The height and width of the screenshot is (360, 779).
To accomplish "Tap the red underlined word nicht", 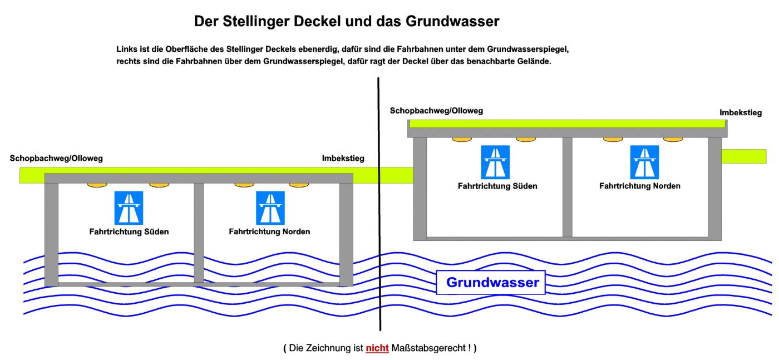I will (x=377, y=348).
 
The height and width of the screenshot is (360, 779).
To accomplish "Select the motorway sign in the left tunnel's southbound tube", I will (x=129, y=208).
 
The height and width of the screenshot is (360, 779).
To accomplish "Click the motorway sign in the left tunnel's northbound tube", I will (x=270, y=208).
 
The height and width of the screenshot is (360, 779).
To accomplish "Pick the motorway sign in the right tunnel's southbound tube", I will (x=495, y=162).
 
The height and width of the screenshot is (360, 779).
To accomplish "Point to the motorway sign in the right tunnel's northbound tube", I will (x=644, y=162).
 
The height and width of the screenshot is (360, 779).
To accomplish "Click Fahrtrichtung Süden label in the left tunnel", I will (x=129, y=231).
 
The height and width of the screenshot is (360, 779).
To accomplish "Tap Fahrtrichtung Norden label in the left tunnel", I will (x=269, y=231).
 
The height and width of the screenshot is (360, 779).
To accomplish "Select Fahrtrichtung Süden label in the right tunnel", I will (x=497, y=186).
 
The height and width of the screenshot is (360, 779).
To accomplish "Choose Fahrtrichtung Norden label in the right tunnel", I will (x=639, y=186).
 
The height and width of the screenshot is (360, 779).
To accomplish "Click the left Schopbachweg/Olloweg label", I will (x=56, y=159).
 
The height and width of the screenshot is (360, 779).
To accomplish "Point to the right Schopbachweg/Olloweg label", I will (x=436, y=111).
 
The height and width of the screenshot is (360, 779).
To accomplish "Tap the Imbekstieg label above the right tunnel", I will (x=740, y=112).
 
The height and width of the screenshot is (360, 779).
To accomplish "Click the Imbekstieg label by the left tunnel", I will (x=343, y=159).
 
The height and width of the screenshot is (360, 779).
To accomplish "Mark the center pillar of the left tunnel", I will (x=199, y=232).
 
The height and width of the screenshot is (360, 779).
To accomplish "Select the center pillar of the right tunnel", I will (x=567, y=186).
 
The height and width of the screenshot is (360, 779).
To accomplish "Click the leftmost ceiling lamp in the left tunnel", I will (x=97, y=184).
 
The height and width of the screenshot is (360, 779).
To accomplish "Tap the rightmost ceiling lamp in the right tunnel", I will (x=673, y=139).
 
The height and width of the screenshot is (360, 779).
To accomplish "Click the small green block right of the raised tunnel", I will (x=743, y=156).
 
